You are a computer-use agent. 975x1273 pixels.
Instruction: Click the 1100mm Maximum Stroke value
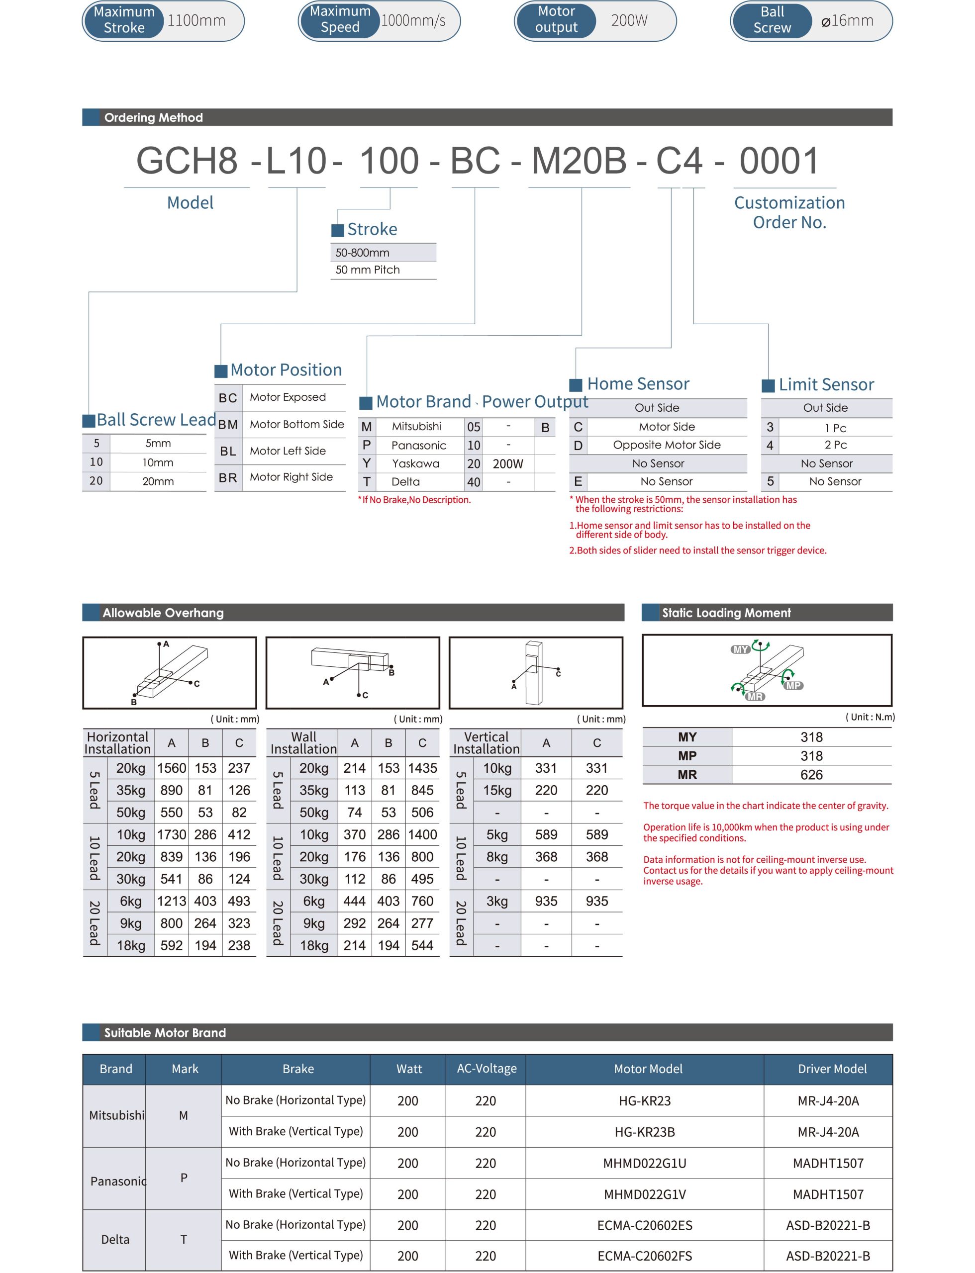point(196,21)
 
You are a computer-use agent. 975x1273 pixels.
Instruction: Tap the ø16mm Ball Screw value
point(847,21)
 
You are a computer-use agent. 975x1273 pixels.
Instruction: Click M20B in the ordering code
point(579,161)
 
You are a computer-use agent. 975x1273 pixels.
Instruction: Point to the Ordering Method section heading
point(153,118)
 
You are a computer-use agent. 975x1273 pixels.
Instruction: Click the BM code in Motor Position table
point(228,425)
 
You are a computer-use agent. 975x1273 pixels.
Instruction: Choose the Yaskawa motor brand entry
point(415,463)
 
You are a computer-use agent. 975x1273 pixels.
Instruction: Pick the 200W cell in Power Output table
point(508,464)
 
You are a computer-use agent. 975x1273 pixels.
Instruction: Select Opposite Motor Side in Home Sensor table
point(666,445)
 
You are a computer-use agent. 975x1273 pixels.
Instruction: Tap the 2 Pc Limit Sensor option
point(835,445)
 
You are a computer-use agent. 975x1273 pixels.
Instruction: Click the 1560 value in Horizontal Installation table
point(171,768)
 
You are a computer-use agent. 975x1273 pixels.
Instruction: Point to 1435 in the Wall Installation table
point(422,768)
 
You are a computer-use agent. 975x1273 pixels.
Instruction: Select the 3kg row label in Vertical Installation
point(497,902)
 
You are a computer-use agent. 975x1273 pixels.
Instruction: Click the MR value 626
point(811,775)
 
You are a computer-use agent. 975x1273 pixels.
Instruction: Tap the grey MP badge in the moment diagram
point(793,686)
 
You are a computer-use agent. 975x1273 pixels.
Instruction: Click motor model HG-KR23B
point(644,1132)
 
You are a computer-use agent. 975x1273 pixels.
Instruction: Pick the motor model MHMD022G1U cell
point(644,1163)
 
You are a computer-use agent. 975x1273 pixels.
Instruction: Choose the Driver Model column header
point(832,1069)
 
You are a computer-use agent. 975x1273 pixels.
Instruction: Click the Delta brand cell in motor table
point(115,1240)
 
